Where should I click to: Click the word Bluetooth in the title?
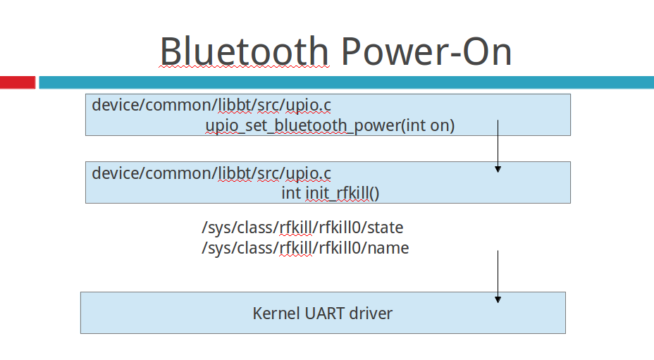[x=245, y=51]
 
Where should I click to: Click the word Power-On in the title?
[x=426, y=51]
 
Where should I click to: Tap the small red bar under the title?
[x=18, y=82]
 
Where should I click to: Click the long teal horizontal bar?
[x=346, y=82]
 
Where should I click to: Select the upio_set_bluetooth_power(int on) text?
[x=330, y=125]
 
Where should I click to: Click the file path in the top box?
[x=211, y=105]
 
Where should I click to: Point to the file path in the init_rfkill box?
[x=211, y=173]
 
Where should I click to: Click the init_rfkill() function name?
[x=343, y=193]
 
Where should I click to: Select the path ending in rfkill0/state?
[x=302, y=228]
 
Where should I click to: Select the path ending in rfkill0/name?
[x=305, y=248]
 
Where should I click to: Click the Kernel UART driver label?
[x=322, y=314]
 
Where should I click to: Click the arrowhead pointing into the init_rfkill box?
[x=498, y=169]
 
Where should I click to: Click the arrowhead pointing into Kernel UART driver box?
[x=498, y=299]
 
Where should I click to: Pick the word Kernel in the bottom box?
[x=276, y=314]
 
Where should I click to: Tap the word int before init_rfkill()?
[x=291, y=193]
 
